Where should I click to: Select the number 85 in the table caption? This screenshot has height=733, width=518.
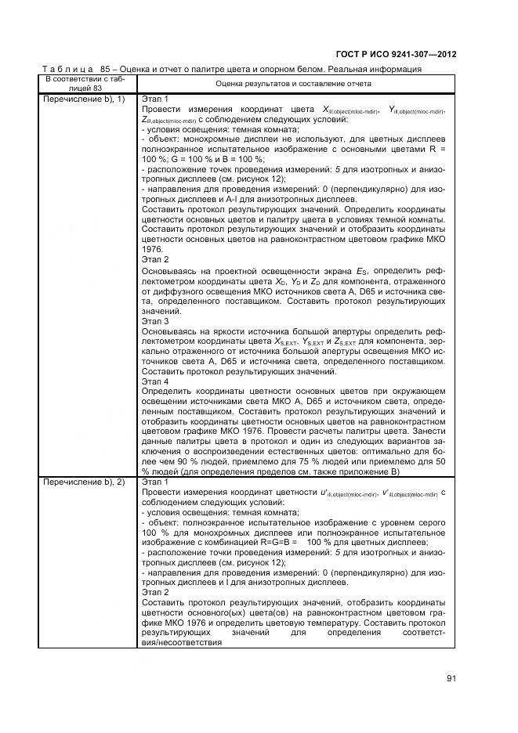click(107, 69)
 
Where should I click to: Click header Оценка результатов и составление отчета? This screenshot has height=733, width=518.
click(293, 83)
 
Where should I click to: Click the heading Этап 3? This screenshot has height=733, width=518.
click(155, 321)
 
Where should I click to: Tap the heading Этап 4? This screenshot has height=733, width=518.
click(155, 381)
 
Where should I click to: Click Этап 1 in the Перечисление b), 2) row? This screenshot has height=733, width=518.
click(155, 482)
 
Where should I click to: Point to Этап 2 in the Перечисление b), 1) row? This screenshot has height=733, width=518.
click(155, 258)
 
